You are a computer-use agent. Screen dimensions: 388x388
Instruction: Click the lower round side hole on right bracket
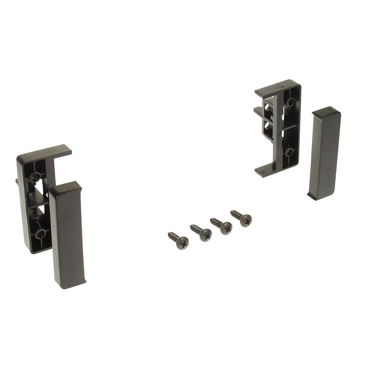[x=266, y=128]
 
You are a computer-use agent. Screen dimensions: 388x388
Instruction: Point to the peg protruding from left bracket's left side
[x=18, y=182]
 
